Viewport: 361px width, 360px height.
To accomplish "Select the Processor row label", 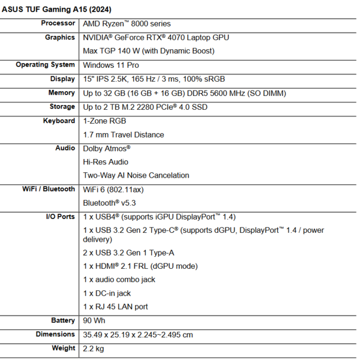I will pyautogui.click(x=58, y=23).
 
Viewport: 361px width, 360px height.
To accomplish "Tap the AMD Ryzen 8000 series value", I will pyautogui.click(x=127, y=24).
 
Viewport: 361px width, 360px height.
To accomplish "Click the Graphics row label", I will pyautogui.click(x=60, y=37).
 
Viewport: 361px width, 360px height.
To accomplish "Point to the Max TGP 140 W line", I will pyautogui.click(x=148, y=51).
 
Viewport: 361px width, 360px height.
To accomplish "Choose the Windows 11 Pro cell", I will pyautogui.click(x=111, y=65).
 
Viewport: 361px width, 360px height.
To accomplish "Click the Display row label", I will pyautogui.click(x=63, y=79).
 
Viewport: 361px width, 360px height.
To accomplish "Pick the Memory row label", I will pyautogui.click(x=62, y=93).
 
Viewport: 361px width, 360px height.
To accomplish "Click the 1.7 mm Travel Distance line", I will pyautogui.click(x=123, y=134).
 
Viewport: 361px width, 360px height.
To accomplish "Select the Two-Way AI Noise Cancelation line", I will pyautogui.click(x=136, y=175).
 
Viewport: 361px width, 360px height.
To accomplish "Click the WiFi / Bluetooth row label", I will pyautogui.click(x=46, y=189).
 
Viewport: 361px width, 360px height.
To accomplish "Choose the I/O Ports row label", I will pyautogui.click(x=61, y=217).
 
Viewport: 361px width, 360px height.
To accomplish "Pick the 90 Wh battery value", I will pyautogui.click(x=94, y=320).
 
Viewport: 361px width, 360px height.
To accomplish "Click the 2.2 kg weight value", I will pyautogui.click(x=93, y=348).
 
